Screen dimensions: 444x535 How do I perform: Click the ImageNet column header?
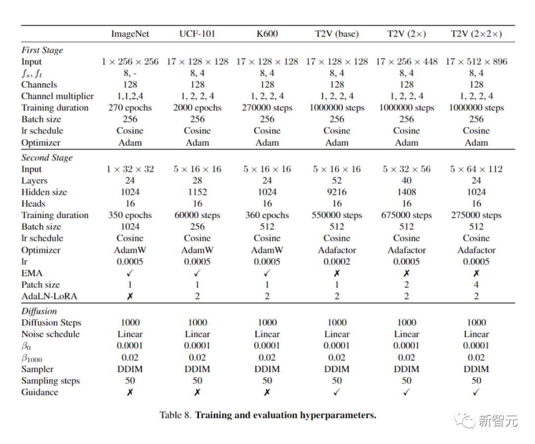[130, 34]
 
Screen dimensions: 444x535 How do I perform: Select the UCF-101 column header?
[197, 34]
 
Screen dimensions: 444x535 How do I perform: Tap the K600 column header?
[267, 34]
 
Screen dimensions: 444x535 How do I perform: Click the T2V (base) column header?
[337, 34]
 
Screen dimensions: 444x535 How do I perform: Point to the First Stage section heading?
[42, 50]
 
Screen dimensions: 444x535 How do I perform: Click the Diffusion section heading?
[39, 311]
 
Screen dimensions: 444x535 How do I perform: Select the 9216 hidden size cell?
[337, 192]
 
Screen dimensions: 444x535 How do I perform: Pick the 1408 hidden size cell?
[407, 192]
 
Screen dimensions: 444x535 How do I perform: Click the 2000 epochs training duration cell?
[197, 108]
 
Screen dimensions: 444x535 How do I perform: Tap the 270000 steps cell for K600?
[267, 108]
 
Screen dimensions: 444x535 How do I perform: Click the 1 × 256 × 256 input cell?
[130, 62]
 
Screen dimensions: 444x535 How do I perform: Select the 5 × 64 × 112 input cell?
[476, 169]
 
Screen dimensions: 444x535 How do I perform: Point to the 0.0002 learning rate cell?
[337, 262]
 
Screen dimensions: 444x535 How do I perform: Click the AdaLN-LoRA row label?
[50, 296]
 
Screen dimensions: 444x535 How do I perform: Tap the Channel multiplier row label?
[57, 96]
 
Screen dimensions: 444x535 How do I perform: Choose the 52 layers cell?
[337, 181]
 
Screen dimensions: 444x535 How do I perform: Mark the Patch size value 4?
[476, 285]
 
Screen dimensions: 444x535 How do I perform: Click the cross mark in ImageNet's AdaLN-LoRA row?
[130, 296]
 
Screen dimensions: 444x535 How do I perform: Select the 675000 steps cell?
[407, 215]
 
